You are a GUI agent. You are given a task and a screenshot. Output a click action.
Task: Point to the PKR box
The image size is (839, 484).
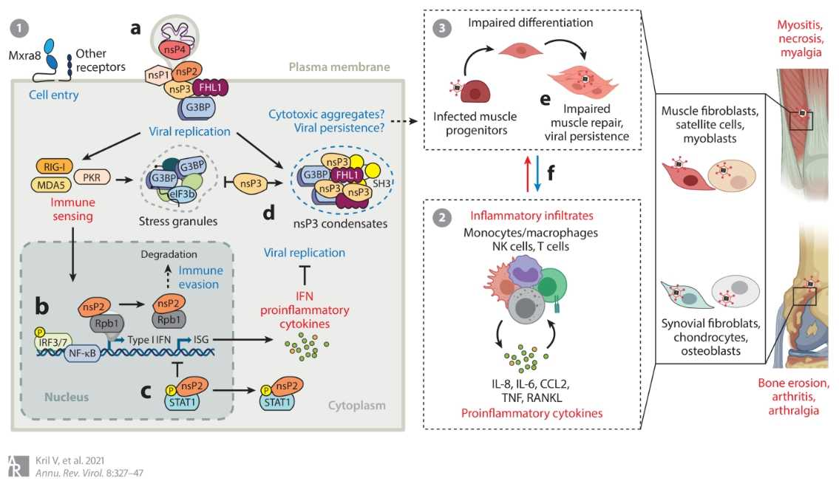coord(92,177)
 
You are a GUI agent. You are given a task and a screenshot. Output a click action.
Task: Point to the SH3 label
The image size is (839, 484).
coord(381,182)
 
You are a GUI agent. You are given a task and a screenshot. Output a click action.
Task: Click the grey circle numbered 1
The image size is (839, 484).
coord(19,30)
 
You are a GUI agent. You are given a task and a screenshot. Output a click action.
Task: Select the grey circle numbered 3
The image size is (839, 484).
coord(441,29)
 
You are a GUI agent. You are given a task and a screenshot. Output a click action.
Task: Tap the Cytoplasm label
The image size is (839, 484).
coord(357,406)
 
